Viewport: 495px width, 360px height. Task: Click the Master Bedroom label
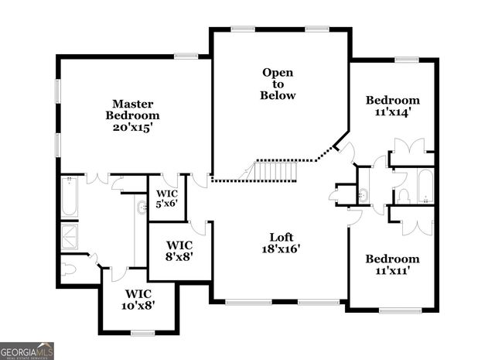[x=133, y=115]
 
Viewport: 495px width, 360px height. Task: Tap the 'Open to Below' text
[x=278, y=84]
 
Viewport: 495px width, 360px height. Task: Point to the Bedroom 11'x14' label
[x=393, y=105]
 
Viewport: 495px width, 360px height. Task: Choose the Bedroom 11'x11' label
[x=393, y=265]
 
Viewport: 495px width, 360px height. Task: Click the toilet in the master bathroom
[x=70, y=268]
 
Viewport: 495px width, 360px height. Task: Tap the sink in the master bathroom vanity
[x=142, y=207]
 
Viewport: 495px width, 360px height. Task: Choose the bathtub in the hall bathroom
[x=425, y=186]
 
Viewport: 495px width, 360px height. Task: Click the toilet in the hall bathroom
[x=403, y=194]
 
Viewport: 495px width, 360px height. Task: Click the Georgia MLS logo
[x=27, y=351]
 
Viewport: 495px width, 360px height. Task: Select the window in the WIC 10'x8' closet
[x=142, y=333]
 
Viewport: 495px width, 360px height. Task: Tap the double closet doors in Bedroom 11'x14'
[x=409, y=146]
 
